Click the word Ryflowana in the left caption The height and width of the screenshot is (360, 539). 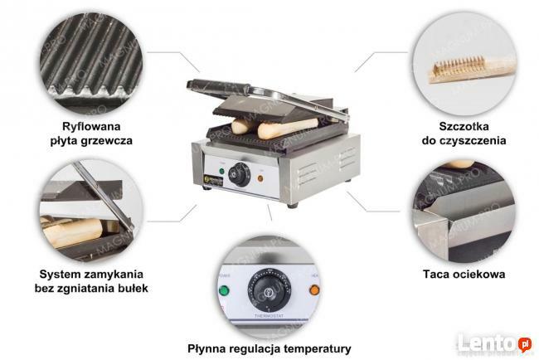click(x=90, y=126)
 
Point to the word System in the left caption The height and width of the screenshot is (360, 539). click(x=60, y=273)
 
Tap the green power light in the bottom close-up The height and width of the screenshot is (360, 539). click(x=224, y=291)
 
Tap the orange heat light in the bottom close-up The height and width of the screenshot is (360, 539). click(x=314, y=290)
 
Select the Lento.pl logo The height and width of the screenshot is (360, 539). click(x=503, y=343)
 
